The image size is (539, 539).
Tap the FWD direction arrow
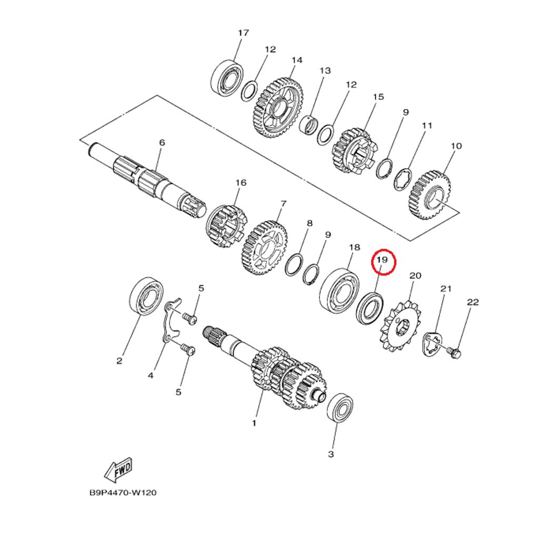(x=118, y=470)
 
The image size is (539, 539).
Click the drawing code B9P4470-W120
(x=123, y=493)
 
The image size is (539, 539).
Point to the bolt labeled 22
(x=454, y=352)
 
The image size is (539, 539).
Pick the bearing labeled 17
(x=226, y=78)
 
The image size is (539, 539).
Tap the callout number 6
(x=162, y=142)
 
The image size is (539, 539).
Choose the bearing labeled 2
(x=145, y=295)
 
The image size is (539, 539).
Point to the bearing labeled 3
(x=340, y=408)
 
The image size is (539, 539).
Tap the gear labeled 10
(x=430, y=195)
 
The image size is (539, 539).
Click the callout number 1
(x=254, y=423)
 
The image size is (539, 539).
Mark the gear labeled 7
(x=265, y=247)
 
